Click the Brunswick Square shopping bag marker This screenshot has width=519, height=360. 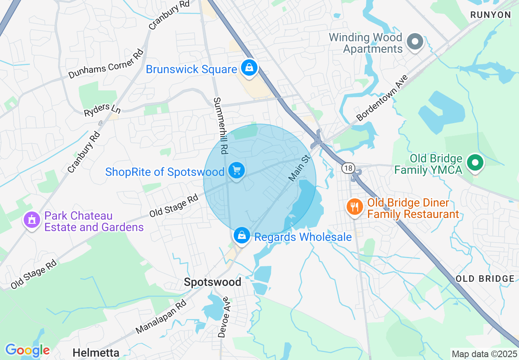tap(249, 68)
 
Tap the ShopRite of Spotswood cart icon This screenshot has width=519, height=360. tap(236, 170)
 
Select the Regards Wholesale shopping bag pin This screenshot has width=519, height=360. tap(242, 236)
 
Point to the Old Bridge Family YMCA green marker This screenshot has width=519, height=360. tap(475, 163)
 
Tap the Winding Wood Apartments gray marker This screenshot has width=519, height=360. tap(415, 41)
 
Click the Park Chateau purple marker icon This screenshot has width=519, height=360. tap(32, 220)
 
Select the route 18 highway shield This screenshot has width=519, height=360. tap(348, 168)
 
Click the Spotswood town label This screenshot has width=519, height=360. tap(212, 282)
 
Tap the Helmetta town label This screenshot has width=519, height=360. tap(96, 353)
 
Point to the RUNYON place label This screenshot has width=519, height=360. tap(491, 15)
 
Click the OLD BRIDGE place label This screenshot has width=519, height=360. tap(485, 279)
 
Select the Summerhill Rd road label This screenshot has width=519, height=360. tap(220, 126)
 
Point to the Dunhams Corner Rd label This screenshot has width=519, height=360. tap(106, 63)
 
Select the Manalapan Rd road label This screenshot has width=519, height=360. tap(160, 316)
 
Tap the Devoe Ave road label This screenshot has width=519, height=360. tap(223, 317)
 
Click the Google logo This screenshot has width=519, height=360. tap(27, 350)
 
